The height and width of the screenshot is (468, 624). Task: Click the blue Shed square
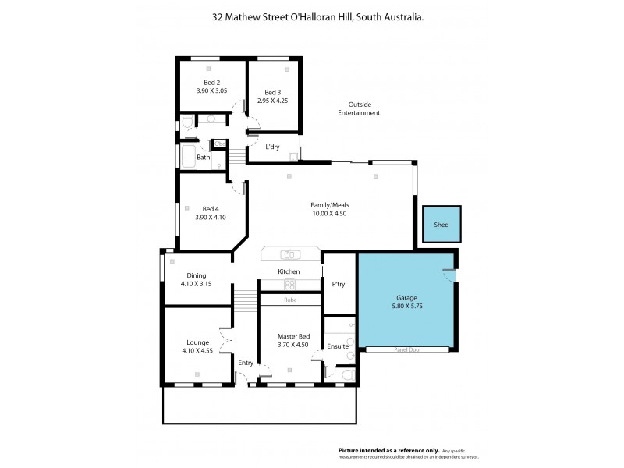441,225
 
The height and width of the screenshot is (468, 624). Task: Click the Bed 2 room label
212,83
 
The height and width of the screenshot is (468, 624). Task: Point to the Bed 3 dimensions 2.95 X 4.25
272,101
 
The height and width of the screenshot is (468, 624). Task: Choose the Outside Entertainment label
359,108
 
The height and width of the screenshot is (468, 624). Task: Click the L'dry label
272,147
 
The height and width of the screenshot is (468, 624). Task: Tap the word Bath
204,157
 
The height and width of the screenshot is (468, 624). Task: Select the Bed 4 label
211,208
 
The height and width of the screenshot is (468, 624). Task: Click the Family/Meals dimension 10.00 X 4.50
329,214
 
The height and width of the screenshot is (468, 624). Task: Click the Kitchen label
289,271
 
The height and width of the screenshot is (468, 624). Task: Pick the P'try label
339,284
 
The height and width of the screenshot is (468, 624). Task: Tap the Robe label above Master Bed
289,300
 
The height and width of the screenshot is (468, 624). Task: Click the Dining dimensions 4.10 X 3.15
196,284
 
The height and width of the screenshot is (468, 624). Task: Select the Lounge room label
197,342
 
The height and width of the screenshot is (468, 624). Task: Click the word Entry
246,362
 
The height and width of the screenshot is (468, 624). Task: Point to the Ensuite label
338,346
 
